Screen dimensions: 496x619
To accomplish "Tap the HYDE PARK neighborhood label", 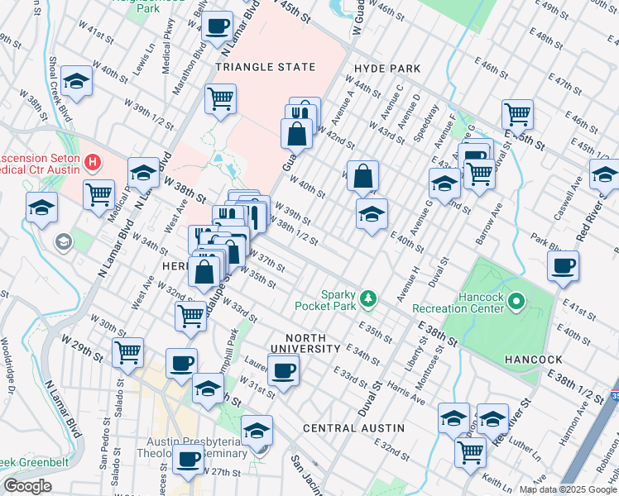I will click(386, 69).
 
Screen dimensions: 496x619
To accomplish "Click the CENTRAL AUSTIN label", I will click(353, 428).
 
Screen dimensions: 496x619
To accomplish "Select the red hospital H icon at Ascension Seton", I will click(94, 160).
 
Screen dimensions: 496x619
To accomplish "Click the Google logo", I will click(27, 485).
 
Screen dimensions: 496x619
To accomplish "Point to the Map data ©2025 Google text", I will click(567, 489).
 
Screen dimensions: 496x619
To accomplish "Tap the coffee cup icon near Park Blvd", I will click(563, 265).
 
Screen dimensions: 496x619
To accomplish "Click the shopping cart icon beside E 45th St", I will click(517, 113).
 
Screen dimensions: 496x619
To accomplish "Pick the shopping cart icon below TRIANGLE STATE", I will click(221, 98).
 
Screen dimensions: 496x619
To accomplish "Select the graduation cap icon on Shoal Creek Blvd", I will click(76, 81).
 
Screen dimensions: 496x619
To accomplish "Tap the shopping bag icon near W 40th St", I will click(362, 175).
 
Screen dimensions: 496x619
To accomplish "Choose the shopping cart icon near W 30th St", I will click(127, 352).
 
